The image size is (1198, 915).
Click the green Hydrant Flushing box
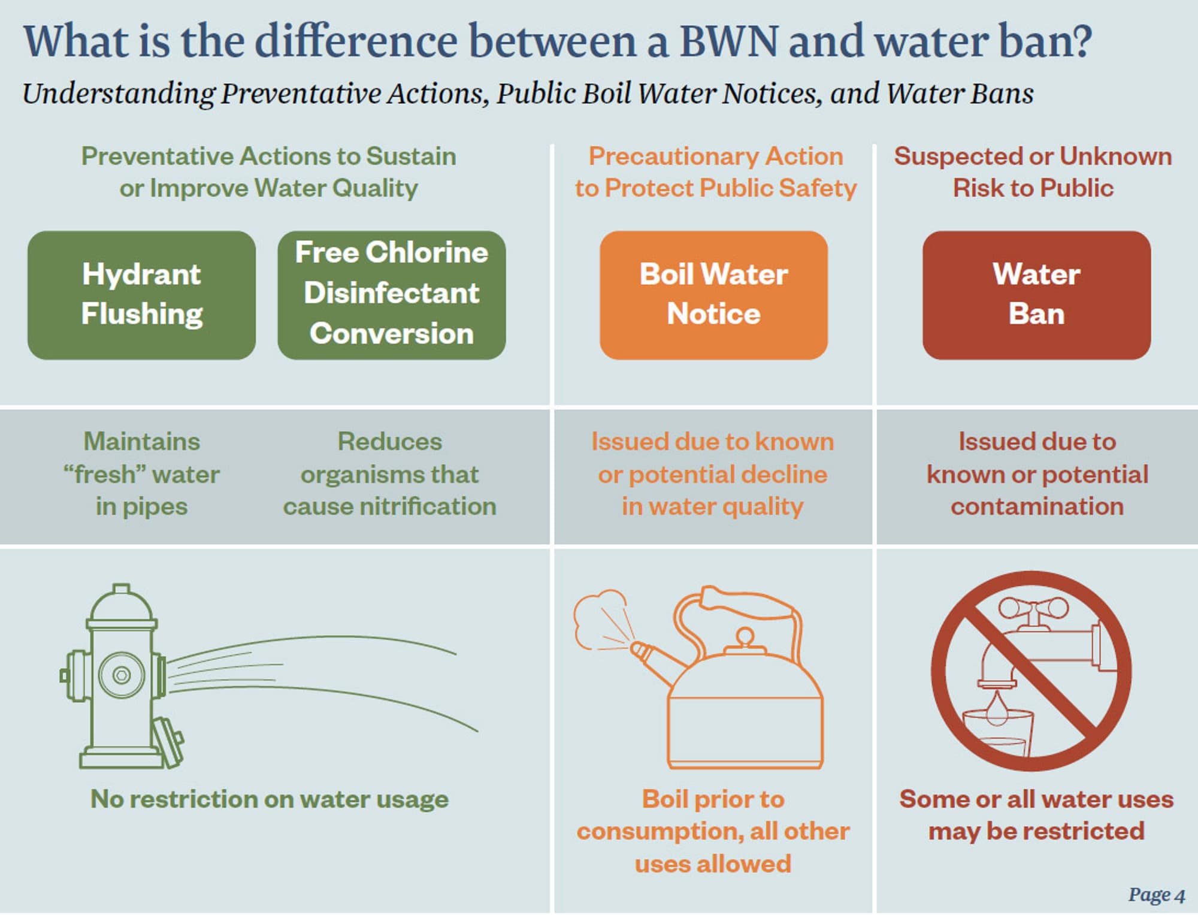[x=141, y=295]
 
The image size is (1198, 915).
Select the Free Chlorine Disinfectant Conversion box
[x=392, y=295]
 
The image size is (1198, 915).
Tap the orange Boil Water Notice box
[x=713, y=295]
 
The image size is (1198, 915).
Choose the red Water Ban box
[x=1036, y=295]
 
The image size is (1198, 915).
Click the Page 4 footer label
[x=1157, y=895]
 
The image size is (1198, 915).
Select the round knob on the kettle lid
[x=745, y=636]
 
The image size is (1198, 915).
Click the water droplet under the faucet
[x=997, y=708]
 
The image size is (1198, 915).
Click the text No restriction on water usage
[x=270, y=799]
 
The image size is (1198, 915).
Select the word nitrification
[x=428, y=507]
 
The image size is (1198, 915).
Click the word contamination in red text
[x=1037, y=507]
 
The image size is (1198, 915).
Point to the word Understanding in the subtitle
[x=119, y=94]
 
